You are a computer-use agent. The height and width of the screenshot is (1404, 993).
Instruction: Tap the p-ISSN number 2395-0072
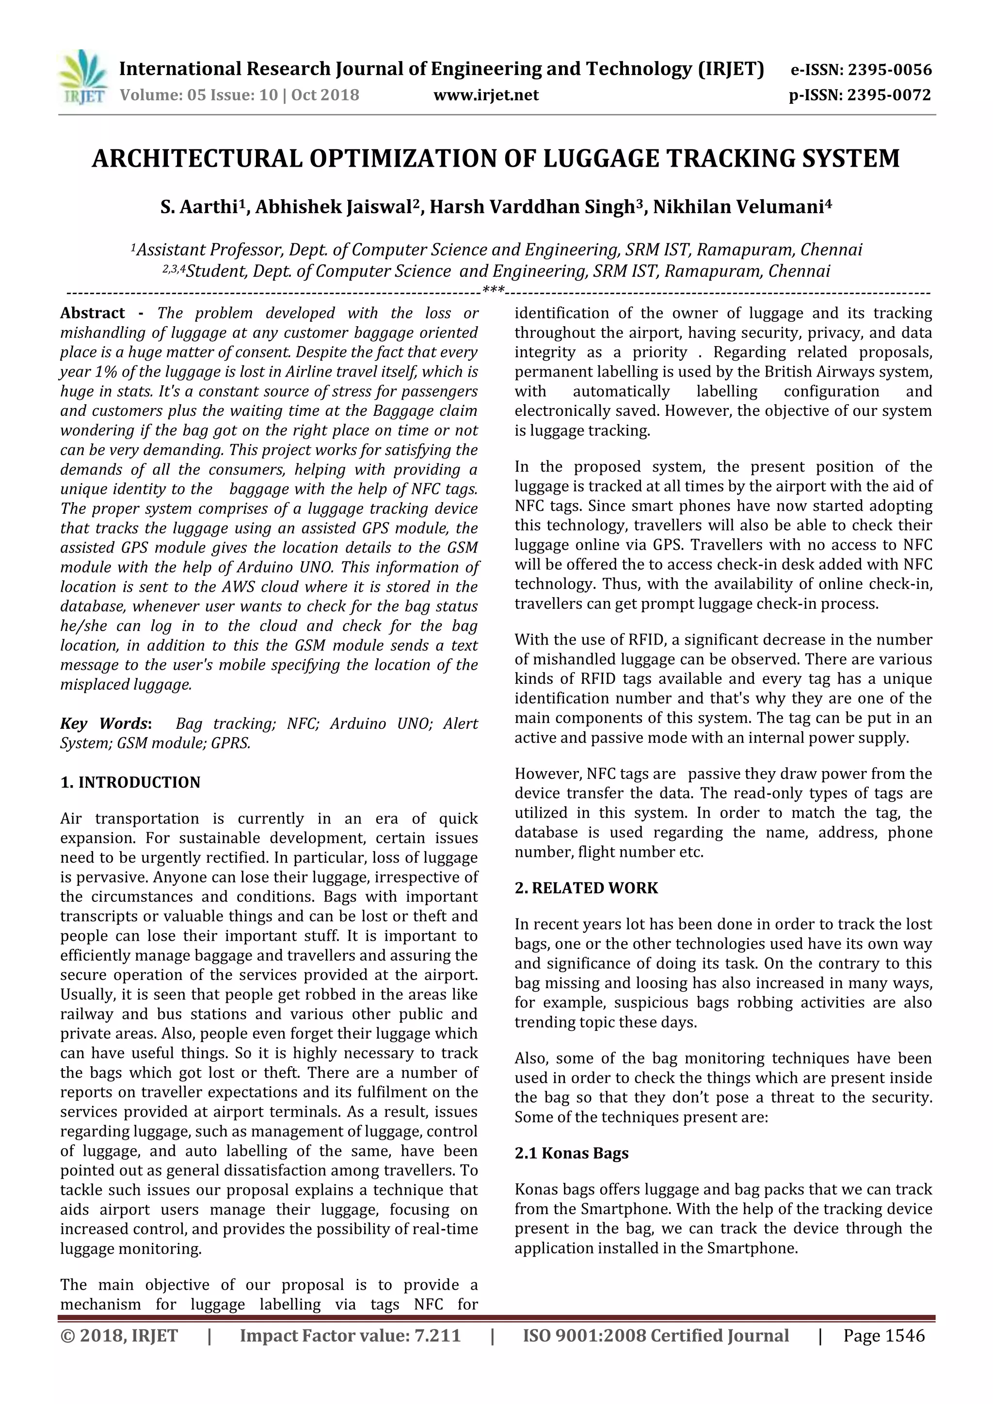(x=889, y=95)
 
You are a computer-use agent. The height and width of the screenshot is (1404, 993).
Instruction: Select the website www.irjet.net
(x=486, y=95)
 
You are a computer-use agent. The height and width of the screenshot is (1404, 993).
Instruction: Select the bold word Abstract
(x=93, y=313)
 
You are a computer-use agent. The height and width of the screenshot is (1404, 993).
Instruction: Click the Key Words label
(x=105, y=724)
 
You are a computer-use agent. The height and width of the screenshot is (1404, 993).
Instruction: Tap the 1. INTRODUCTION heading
(x=130, y=783)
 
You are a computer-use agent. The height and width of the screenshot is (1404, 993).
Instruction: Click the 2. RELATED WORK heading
(x=586, y=888)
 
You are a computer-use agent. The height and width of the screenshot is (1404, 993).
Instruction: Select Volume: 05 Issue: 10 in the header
(x=197, y=95)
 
